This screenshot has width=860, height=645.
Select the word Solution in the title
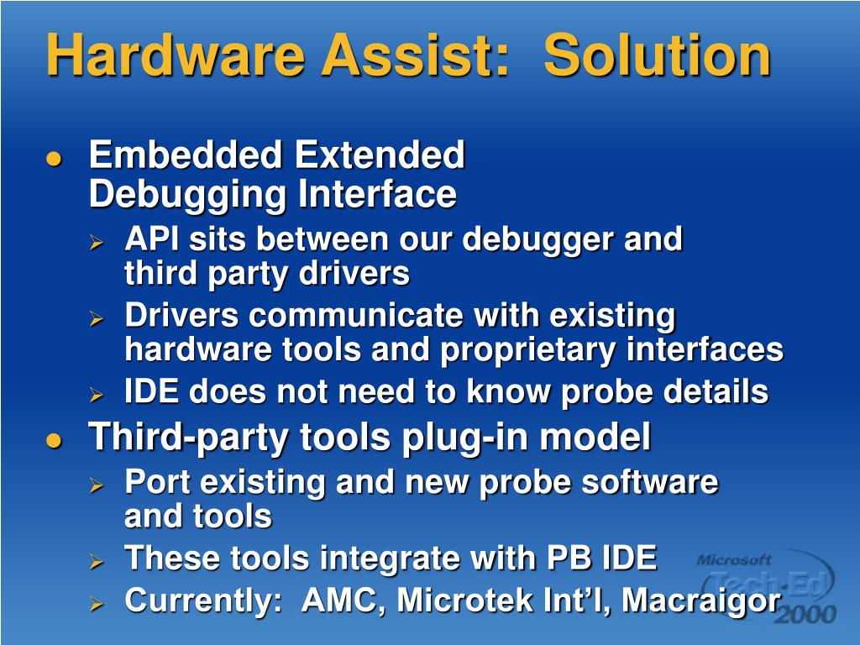[x=657, y=55]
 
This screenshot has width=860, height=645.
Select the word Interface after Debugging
[x=377, y=195]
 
